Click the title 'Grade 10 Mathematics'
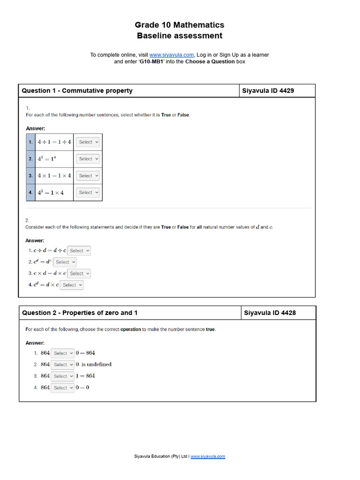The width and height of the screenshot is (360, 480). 180,25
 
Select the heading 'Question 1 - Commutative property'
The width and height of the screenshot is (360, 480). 77,90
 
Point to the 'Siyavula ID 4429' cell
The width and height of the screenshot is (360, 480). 268,90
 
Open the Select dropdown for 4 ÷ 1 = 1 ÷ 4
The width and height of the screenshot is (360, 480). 88,142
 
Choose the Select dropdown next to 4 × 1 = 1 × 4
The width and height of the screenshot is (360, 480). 88,176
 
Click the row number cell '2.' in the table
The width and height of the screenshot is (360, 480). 30,159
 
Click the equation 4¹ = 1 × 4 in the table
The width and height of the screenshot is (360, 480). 51,193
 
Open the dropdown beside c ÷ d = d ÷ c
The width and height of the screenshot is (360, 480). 79,251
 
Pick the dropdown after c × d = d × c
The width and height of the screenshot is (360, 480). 79,273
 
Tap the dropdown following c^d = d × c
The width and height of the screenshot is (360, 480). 72,285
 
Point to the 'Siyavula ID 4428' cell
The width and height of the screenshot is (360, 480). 270,313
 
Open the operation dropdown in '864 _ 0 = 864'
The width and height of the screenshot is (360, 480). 63,353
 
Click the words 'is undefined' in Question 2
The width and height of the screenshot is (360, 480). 97,364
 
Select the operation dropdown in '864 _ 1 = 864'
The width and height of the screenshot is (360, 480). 63,376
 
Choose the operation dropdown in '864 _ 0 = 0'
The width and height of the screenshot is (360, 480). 63,388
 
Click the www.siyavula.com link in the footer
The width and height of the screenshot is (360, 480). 208,456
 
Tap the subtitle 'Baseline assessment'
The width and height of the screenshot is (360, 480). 180,36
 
